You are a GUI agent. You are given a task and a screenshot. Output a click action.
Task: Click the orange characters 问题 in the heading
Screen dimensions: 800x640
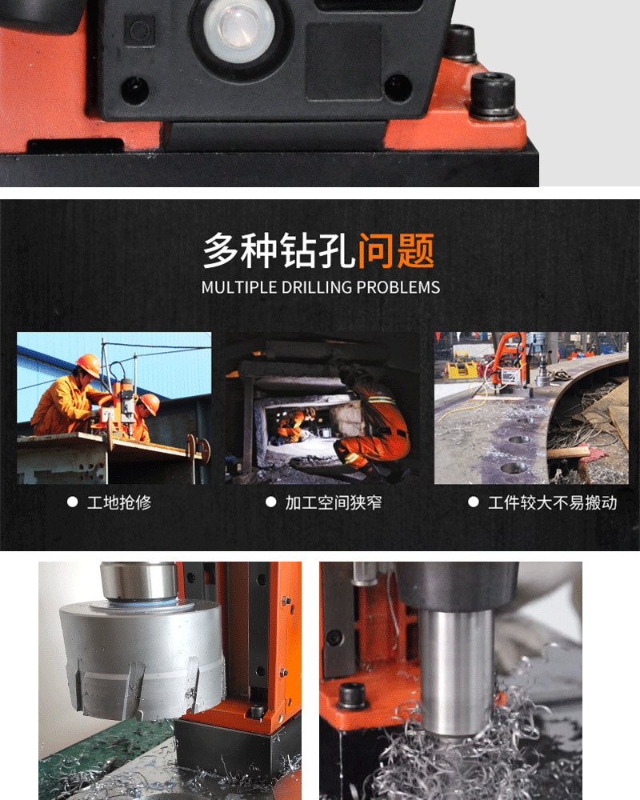[x=396, y=250]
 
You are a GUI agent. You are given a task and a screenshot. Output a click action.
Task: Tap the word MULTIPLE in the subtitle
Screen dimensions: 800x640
[x=234, y=287]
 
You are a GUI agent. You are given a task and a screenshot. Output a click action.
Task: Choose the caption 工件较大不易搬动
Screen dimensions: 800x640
[x=553, y=502]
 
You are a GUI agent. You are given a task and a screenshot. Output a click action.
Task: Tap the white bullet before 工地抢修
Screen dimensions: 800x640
[x=72, y=502]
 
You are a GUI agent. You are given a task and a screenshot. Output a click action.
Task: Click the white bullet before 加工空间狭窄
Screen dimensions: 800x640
[x=271, y=502]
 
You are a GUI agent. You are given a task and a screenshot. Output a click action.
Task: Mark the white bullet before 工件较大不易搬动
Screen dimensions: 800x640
[x=474, y=502]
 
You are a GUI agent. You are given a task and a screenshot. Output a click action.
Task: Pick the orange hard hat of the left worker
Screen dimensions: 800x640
[x=89, y=365]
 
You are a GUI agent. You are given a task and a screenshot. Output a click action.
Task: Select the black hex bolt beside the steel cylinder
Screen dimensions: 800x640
[x=353, y=695]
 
